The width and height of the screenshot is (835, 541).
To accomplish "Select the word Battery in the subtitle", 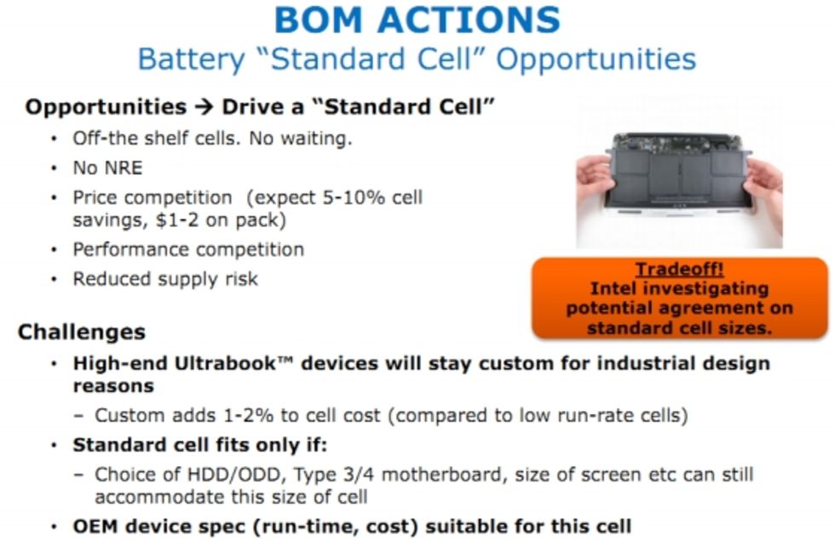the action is [191, 59].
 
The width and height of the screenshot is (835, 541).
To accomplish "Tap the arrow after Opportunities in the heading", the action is [204, 107].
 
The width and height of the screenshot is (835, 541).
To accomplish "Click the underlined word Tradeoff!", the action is [680, 269].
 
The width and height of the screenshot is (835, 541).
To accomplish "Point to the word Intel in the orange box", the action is [611, 289].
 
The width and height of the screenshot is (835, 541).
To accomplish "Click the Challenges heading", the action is [82, 332].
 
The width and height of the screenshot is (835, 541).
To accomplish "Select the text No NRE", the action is [107, 169].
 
